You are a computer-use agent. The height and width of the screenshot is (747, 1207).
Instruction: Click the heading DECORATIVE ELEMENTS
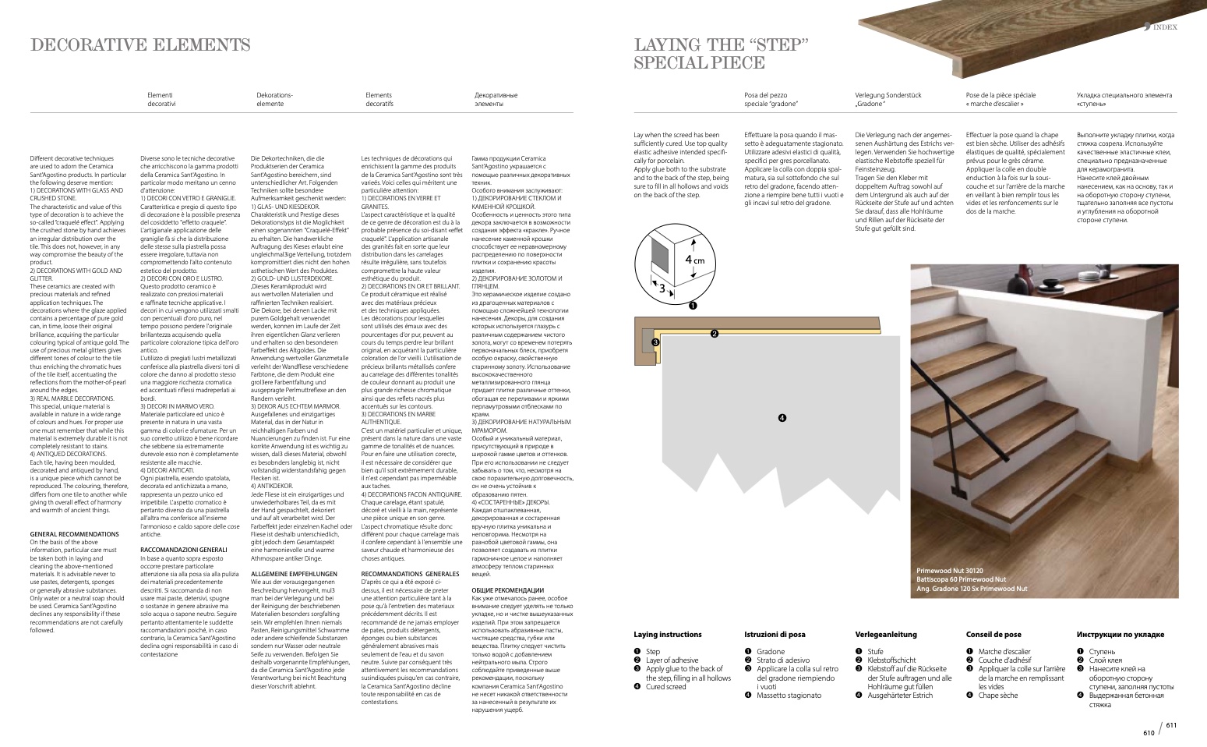140,45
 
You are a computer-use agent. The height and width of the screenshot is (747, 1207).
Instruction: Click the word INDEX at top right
1165,27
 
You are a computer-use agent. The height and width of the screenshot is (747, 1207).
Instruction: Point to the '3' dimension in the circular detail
662,288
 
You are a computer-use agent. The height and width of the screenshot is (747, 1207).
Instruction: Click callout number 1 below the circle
692,306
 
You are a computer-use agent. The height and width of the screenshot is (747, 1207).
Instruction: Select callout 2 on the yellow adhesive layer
714,334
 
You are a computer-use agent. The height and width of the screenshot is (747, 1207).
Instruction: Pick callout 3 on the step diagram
655,342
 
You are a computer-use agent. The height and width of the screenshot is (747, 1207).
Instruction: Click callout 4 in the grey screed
782,418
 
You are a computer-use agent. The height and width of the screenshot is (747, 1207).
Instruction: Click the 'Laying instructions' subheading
667,635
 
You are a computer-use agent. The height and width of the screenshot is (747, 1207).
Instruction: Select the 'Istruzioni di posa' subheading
775,635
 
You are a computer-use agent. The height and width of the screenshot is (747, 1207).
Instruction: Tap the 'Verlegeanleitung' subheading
886,635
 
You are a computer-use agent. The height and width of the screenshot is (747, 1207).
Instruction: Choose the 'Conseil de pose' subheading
993,635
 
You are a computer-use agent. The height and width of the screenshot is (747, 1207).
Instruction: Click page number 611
1170,725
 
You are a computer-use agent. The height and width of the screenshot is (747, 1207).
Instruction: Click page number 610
1149,732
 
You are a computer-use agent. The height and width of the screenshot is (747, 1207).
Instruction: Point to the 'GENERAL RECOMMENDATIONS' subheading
74,534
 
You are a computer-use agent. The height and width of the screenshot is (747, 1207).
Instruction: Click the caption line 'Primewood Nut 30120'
949,571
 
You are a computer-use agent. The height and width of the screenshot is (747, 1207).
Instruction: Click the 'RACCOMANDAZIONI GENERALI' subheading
183,550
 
